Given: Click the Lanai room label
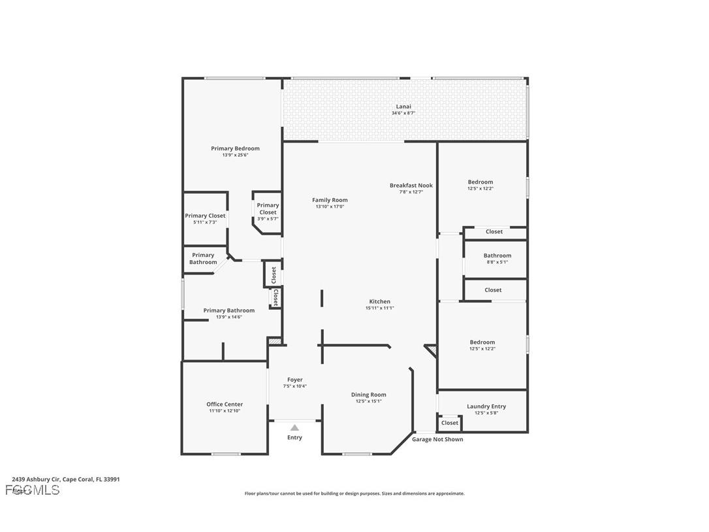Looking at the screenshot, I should tap(403, 107).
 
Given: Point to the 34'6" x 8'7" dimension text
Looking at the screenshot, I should tap(403, 113).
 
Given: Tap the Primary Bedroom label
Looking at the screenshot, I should tap(235, 148).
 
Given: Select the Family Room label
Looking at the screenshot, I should tap(330, 200).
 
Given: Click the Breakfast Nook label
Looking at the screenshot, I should tap(411, 185).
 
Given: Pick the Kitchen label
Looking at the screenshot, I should tap(379, 301).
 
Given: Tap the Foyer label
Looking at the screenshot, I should tap(294, 380).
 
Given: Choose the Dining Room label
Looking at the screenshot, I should tap(369, 394).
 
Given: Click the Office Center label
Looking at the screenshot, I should tap(225, 404).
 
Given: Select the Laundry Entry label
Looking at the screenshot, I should tap(486, 406).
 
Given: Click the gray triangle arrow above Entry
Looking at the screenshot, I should tap(294, 427).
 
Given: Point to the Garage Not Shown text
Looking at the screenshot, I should tap(437, 439).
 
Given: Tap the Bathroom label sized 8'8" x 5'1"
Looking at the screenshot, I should tap(497, 256).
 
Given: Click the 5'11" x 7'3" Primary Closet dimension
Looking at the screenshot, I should tap(205, 222).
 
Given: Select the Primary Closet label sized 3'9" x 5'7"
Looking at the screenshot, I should tap(268, 208).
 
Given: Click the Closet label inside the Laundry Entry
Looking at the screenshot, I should tap(450, 423).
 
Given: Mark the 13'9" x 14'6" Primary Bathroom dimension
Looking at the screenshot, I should tap(228, 317).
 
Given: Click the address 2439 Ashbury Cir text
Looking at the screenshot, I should tap(65, 479).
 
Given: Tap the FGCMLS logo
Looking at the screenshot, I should tap(32, 490).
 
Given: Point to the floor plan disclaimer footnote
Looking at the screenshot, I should tap(355, 493).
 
